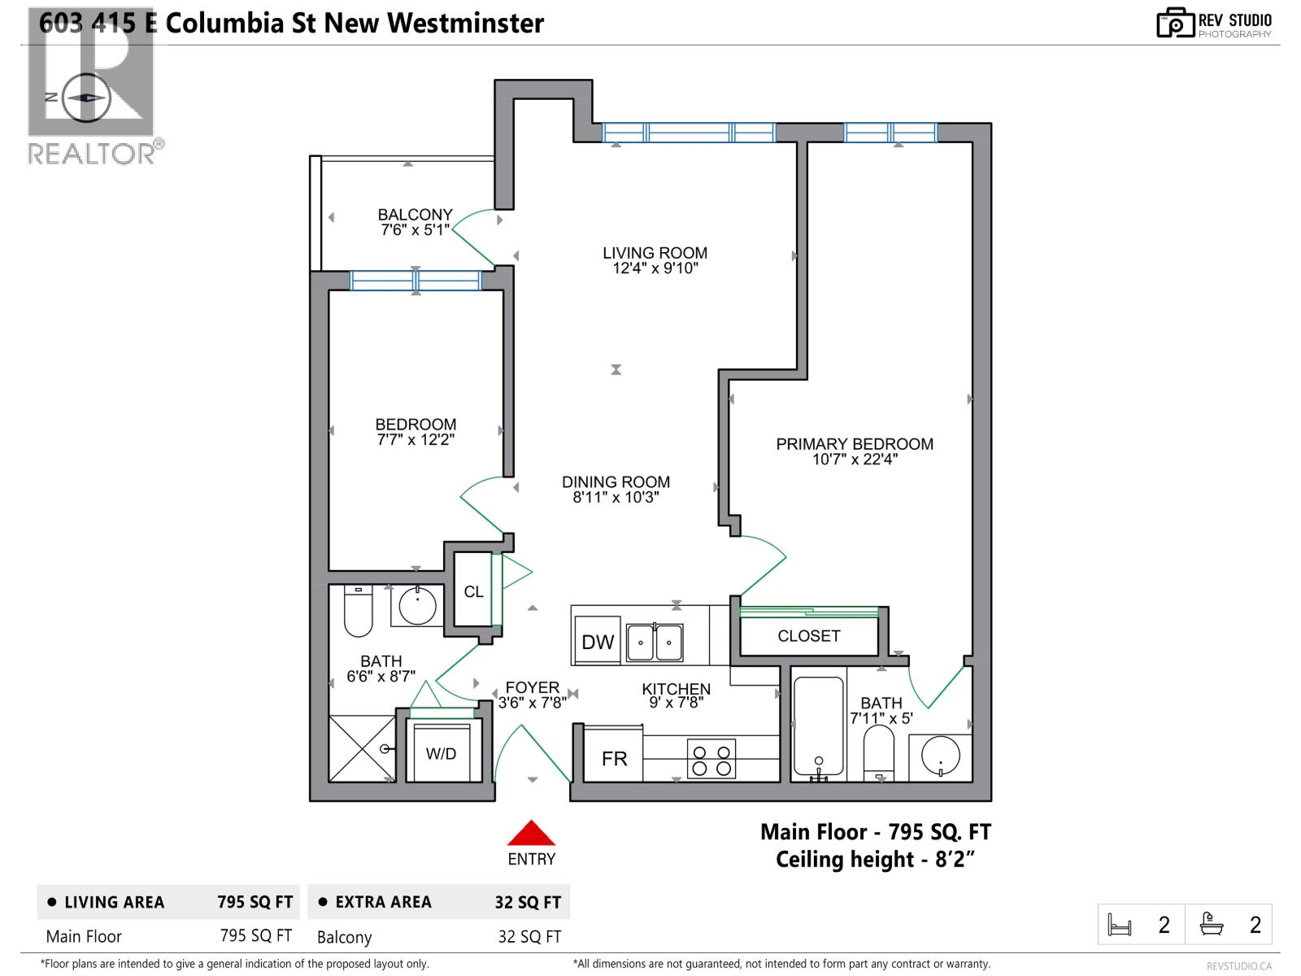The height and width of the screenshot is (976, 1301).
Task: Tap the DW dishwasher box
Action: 598,642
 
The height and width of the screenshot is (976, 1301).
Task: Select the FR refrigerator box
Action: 614,758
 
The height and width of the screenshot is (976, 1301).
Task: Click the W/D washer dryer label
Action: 442,754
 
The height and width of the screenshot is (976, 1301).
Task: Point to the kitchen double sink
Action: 655,643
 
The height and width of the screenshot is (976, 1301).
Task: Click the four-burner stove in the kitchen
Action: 711,758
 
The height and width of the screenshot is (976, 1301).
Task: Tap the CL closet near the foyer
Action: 473,591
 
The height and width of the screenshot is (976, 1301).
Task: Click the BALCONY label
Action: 415,215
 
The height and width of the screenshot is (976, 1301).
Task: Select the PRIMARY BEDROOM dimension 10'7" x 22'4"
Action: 854,460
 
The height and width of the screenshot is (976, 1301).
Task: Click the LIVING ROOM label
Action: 655,253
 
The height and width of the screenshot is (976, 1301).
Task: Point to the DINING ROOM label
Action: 616,482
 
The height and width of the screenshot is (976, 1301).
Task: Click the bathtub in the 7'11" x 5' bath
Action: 818,727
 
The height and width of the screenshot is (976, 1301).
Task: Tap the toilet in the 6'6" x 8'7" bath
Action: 358,612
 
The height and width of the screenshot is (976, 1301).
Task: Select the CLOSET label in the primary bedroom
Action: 808,636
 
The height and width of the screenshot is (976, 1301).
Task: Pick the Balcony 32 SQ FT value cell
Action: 529,937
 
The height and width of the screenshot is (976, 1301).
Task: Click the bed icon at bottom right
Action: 1120,925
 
